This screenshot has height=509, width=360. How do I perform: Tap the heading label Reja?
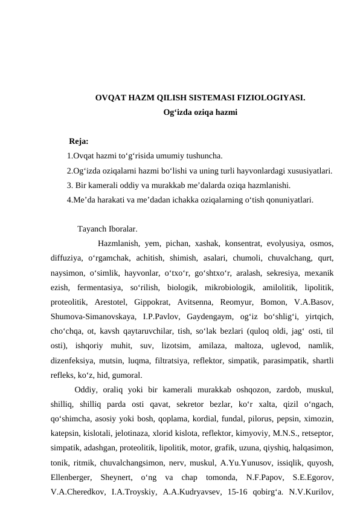pyautogui.click(x=79, y=142)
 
